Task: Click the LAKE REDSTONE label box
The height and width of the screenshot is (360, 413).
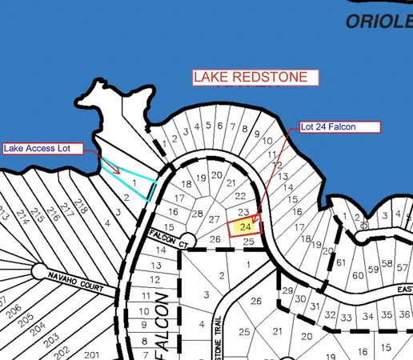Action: click(x=255, y=78)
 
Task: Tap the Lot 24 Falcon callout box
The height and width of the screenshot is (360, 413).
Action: click(x=340, y=126)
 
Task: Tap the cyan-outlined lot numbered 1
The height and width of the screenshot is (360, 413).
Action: click(x=135, y=183)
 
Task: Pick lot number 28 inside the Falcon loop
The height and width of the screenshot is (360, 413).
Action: click(x=197, y=213)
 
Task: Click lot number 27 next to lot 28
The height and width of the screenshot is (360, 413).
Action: click(x=214, y=219)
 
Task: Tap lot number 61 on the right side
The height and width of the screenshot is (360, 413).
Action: click(x=340, y=262)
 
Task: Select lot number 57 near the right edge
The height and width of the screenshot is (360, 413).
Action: click(x=388, y=265)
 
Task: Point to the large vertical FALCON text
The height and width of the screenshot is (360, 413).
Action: click(x=158, y=328)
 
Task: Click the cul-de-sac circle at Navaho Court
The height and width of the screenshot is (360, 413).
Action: click(x=39, y=271)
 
